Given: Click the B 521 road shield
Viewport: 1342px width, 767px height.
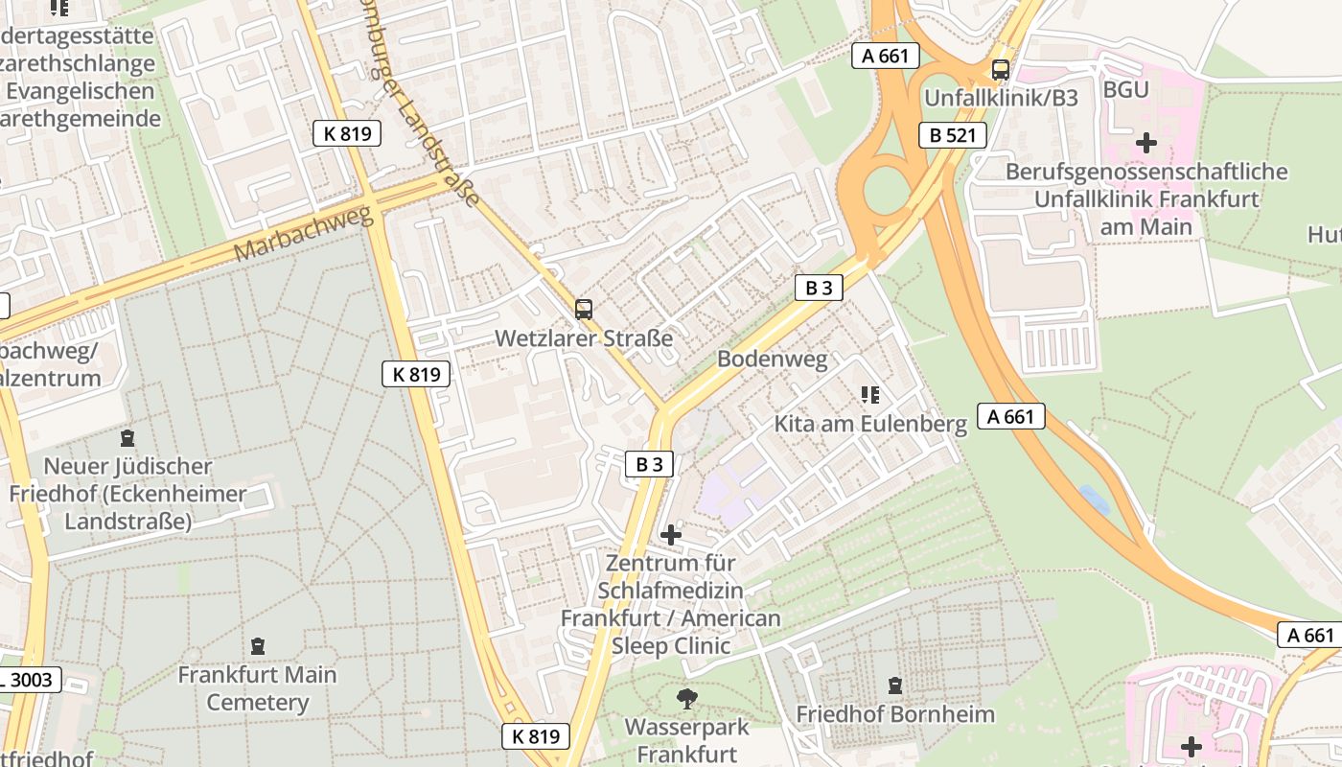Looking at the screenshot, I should coord(952,135).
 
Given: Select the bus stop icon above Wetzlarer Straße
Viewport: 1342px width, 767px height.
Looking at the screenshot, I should coord(583,310).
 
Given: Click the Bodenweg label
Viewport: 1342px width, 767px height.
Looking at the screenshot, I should coord(772,360).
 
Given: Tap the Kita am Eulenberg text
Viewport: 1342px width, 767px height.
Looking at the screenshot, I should coord(869,424).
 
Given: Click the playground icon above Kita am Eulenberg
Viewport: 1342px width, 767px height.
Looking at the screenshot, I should coord(869,394).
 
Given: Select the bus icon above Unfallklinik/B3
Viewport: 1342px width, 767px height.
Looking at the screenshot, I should coord(1000,70).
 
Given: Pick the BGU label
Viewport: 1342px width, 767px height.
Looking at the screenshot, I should coord(1125,90).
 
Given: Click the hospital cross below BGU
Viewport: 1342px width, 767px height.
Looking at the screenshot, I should coord(1145,144).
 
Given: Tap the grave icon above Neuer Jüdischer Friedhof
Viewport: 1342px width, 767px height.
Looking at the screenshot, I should coord(127,438).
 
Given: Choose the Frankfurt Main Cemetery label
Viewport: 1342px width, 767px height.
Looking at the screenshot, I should coord(257,688).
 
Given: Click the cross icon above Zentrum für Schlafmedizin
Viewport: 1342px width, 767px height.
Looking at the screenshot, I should coord(671,534).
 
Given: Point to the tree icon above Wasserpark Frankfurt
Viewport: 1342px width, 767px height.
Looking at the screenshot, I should coord(686,698).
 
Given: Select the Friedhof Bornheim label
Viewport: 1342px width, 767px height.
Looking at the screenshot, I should coord(894,714).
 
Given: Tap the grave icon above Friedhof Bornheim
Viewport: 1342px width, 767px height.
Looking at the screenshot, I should coord(894,686).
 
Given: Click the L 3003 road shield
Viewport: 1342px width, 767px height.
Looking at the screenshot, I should coord(29,681).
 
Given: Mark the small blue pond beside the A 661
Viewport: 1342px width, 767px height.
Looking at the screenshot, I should coord(1092,498).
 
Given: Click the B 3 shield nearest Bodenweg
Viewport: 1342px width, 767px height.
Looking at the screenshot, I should coord(818,287).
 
